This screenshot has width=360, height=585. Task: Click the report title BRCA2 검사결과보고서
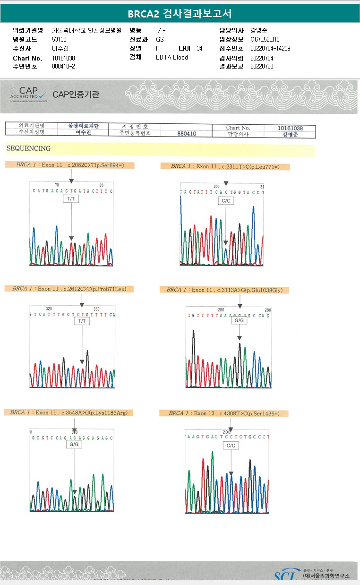click(180, 14)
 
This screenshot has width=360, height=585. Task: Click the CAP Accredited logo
click(29, 94)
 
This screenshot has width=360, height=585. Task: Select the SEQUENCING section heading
click(28, 148)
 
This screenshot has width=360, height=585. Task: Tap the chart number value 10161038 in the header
click(63, 58)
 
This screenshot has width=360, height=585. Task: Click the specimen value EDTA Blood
click(172, 57)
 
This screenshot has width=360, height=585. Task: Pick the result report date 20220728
click(262, 66)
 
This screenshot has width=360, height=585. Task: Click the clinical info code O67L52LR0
click(265, 39)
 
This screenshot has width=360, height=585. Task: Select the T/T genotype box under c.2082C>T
click(71, 199)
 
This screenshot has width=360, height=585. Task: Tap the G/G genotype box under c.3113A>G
click(239, 320)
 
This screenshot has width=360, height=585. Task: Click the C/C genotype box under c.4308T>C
click(231, 446)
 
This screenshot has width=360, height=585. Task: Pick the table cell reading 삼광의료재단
click(83, 126)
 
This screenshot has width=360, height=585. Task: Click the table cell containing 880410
click(187, 134)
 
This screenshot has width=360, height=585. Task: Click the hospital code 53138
click(59, 39)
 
